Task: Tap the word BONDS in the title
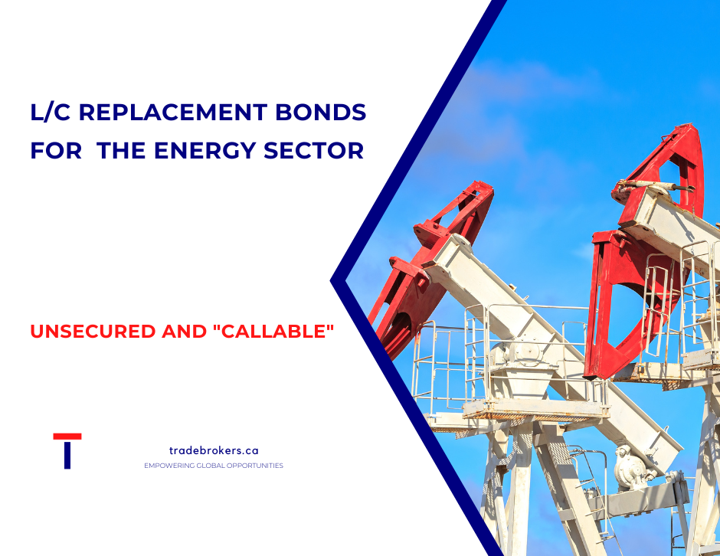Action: click(x=332, y=113)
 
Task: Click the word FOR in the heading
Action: click(x=56, y=150)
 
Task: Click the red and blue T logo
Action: click(x=67, y=450)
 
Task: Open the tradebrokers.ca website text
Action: click(x=214, y=451)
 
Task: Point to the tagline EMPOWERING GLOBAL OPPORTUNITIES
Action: click(x=214, y=466)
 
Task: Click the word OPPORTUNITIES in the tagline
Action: click(x=256, y=466)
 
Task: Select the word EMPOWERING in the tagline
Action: click(x=169, y=466)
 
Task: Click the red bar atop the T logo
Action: click(x=67, y=437)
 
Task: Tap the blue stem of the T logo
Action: click(x=67, y=456)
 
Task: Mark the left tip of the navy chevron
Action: click(x=332, y=280)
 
